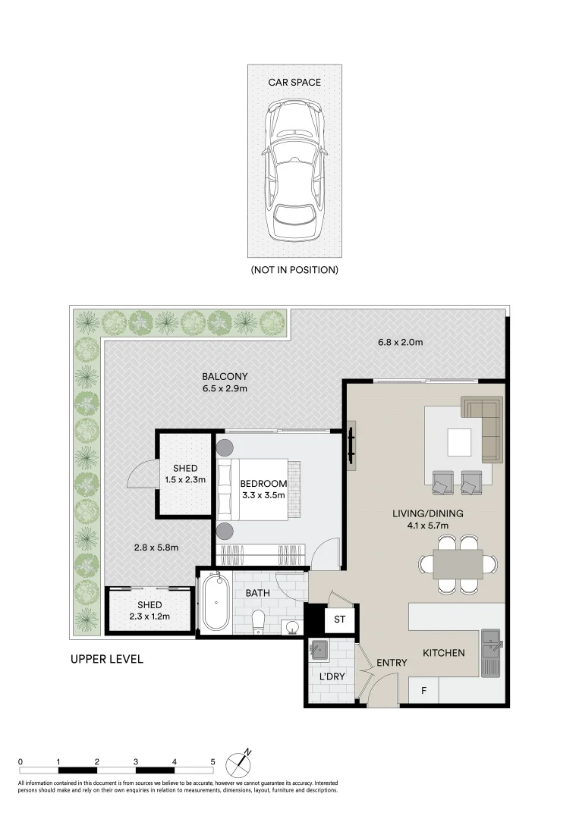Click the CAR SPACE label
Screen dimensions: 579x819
[x=294, y=82]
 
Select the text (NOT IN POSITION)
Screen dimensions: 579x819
[x=294, y=269]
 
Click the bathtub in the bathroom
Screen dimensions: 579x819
[x=216, y=601]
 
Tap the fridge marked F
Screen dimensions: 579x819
[x=423, y=691]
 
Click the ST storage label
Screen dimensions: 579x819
[x=340, y=620]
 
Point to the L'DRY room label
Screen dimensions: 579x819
[x=332, y=676]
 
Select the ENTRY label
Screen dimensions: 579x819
[x=392, y=662]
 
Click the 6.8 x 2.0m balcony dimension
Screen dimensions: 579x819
[x=400, y=343]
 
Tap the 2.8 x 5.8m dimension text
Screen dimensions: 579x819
[x=156, y=548]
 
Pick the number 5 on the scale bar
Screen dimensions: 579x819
[x=212, y=761]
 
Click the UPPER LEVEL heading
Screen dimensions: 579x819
[x=106, y=659]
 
